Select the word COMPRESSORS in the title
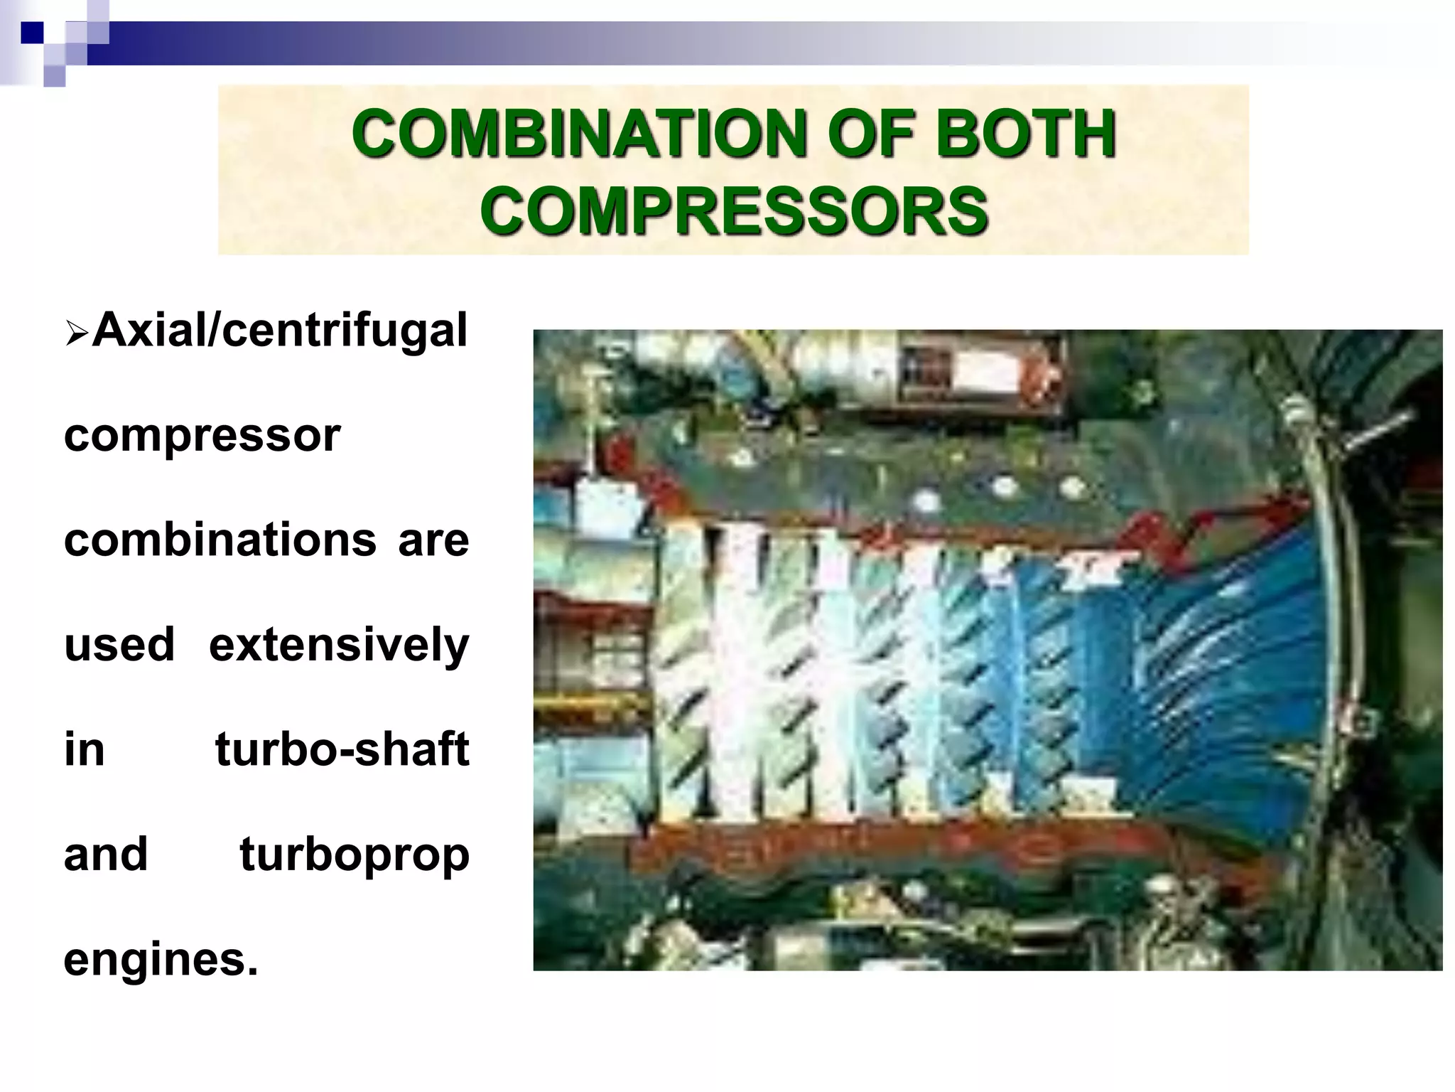tap(733, 210)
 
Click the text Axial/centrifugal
tap(279, 331)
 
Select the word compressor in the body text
tap(202, 435)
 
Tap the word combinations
tap(220, 540)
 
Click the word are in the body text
tap(433, 540)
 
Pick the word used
tap(119, 644)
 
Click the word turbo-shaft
tap(342, 749)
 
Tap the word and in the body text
tap(106, 854)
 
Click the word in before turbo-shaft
tap(84, 749)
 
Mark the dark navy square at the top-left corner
tap(32, 33)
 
